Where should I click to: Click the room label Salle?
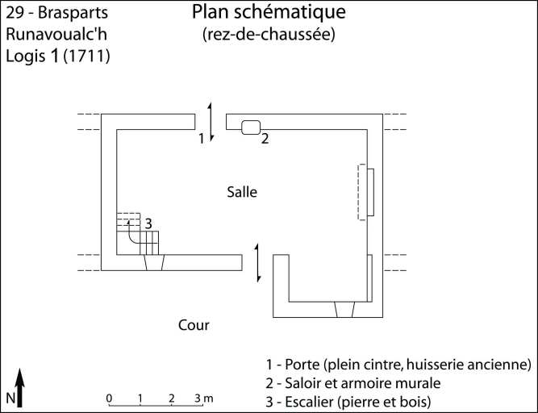coord(242,192)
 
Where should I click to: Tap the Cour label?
coord(194,325)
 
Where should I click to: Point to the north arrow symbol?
coord(22,386)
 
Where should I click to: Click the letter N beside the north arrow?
coord(9,398)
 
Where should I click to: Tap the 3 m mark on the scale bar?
coord(203,398)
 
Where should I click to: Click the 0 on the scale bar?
coord(109,398)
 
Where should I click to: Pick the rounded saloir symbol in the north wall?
coord(250,127)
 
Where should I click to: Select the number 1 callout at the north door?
coord(202,139)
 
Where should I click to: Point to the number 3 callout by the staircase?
coord(148,223)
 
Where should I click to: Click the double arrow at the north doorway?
coord(211,123)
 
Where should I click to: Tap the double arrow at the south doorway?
coord(257,262)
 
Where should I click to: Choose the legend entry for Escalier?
coord(356,401)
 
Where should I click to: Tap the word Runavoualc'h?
coord(56,35)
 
